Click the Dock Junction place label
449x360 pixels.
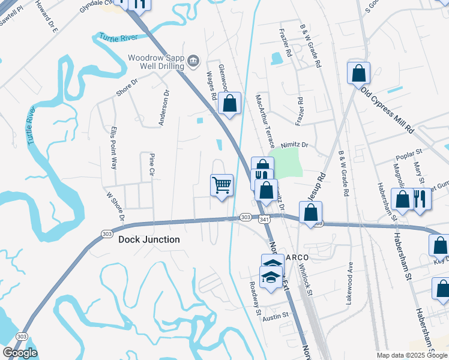coord(149,239)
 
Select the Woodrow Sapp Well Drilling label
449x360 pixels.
coord(155,62)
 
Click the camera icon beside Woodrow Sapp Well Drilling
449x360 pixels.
coord(193,59)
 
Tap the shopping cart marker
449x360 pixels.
coord(221,185)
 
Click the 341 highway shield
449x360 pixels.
coord(265,220)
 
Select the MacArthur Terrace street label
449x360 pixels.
coord(264,117)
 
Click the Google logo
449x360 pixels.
coord(20,353)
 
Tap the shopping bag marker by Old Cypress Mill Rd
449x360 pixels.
coord(358,74)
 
